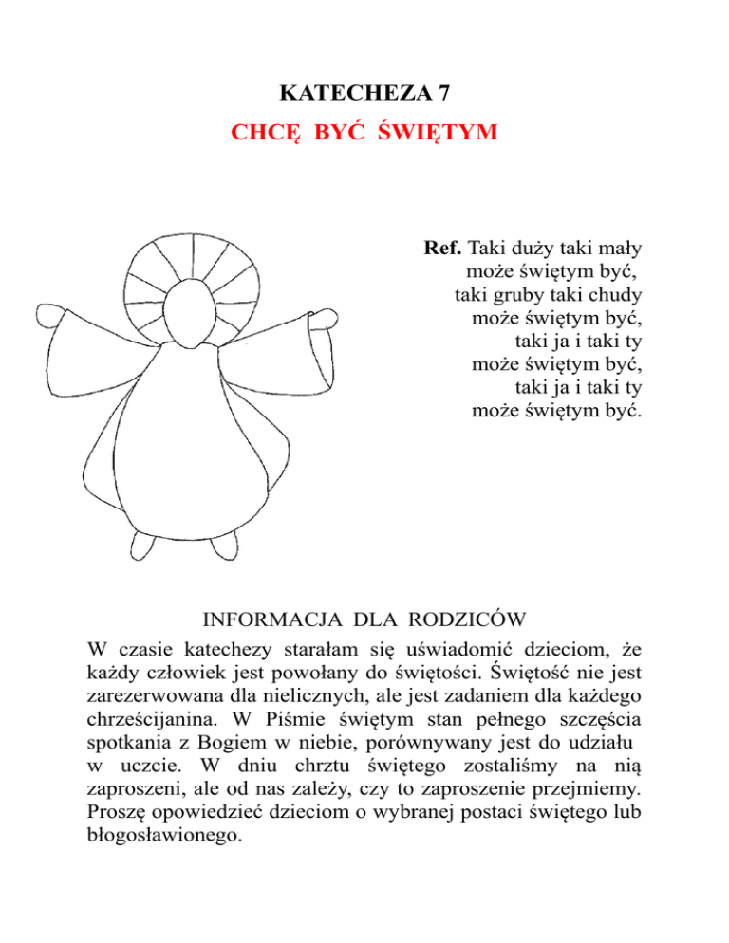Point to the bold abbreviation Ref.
(x=442, y=250)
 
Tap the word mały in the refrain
(x=615, y=250)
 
